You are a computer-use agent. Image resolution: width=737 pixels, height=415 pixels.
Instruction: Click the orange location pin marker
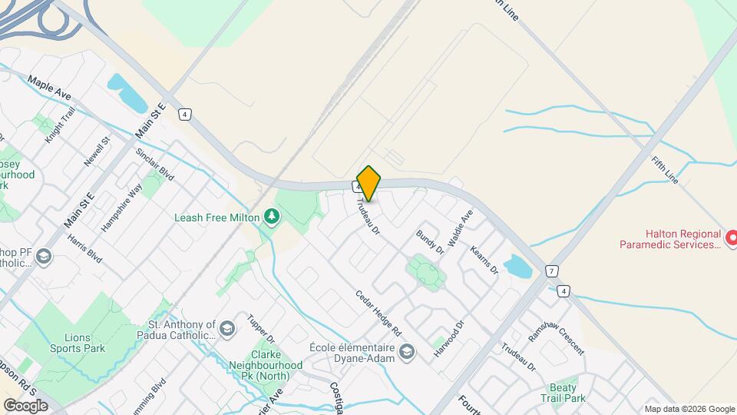(x=368, y=184)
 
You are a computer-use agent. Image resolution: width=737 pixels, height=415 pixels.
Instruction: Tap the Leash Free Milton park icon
(x=270, y=217)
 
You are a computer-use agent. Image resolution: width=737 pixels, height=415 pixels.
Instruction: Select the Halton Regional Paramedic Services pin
(x=730, y=239)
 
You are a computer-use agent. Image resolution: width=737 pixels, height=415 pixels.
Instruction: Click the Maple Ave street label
(x=49, y=87)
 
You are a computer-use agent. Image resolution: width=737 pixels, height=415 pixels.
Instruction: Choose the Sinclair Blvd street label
(x=155, y=164)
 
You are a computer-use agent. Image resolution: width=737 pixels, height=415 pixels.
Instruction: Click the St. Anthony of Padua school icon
(x=226, y=330)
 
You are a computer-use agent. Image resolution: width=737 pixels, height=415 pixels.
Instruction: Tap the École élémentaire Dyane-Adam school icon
(x=406, y=352)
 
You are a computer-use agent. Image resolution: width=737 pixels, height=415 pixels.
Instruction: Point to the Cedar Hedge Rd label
(x=378, y=314)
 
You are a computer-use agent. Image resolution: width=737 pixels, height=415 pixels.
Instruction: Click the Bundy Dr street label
(x=430, y=241)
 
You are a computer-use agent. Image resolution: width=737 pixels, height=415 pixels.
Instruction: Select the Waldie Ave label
(x=461, y=228)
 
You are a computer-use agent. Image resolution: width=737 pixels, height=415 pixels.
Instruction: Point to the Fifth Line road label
(x=664, y=171)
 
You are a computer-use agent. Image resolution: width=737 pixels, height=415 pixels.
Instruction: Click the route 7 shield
(x=551, y=271)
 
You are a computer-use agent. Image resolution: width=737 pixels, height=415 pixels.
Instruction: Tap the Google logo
(x=25, y=405)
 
